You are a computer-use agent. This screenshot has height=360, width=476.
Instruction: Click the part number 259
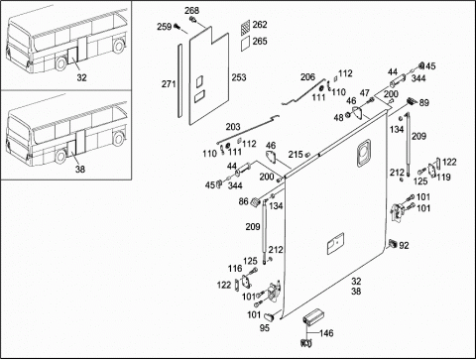[164, 27]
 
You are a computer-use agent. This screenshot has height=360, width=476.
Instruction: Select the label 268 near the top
[191, 11]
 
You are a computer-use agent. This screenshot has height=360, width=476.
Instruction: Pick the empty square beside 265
[246, 44]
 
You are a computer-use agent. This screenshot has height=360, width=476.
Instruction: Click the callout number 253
[239, 77]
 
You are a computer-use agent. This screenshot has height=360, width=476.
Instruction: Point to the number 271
[169, 84]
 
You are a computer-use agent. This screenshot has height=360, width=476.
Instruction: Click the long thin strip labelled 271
[179, 80]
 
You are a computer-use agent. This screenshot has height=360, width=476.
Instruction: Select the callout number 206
[307, 77]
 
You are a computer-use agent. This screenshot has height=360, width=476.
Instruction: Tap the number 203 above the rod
[233, 127]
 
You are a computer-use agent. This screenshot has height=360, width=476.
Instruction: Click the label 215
[296, 155]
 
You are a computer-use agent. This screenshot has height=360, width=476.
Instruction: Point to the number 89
[424, 103]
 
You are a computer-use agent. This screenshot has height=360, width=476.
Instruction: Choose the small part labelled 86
[256, 202]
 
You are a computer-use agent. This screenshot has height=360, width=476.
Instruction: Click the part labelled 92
[393, 244]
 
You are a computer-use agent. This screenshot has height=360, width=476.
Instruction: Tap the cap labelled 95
[270, 316]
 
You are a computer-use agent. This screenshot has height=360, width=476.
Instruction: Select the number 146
[326, 333]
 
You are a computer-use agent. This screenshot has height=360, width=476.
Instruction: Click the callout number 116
[235, 269]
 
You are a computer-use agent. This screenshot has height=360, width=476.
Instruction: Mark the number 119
[443, 178]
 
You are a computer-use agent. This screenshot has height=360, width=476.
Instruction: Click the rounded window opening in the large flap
[364, 152]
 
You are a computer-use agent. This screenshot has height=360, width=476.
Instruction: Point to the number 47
[365, 93]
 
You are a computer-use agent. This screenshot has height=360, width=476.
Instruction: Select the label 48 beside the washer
[338, 118]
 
